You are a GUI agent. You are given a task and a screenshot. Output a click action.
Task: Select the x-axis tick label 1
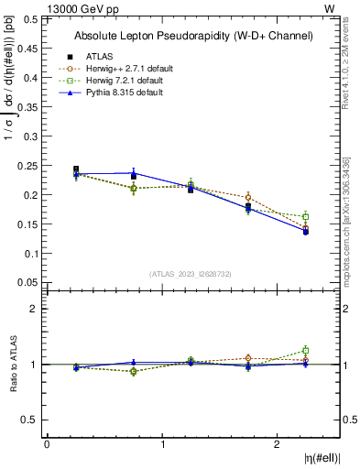click(x=163, y=444)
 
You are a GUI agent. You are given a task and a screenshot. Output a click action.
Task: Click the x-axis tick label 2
click(x=278, y=444)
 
